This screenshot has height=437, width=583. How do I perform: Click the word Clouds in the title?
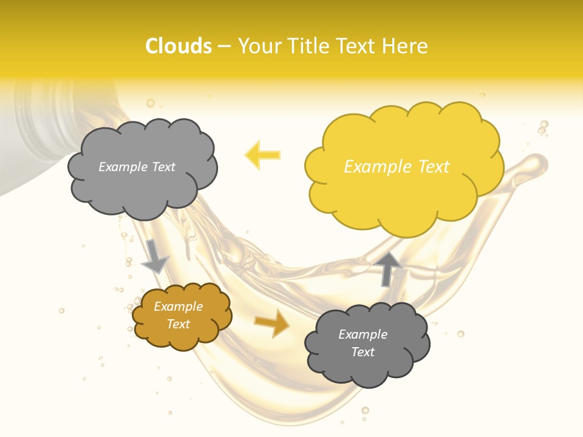pos(179,46)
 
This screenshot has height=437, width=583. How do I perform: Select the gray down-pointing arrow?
pos(155,257)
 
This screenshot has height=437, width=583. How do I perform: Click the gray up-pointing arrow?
pos(389,268)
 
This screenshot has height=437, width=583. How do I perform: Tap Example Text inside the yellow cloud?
pos(397,166)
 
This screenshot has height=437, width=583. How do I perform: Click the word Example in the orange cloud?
pos(178,307)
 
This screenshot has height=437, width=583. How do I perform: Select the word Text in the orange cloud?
pos(178,324)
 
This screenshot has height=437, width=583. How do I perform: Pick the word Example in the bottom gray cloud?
pos(363,334)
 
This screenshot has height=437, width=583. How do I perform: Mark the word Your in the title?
pos(256,46)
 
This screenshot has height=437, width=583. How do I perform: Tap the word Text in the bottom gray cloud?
pos(363,352)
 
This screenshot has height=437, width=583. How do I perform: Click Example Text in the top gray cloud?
pos(137,167)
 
